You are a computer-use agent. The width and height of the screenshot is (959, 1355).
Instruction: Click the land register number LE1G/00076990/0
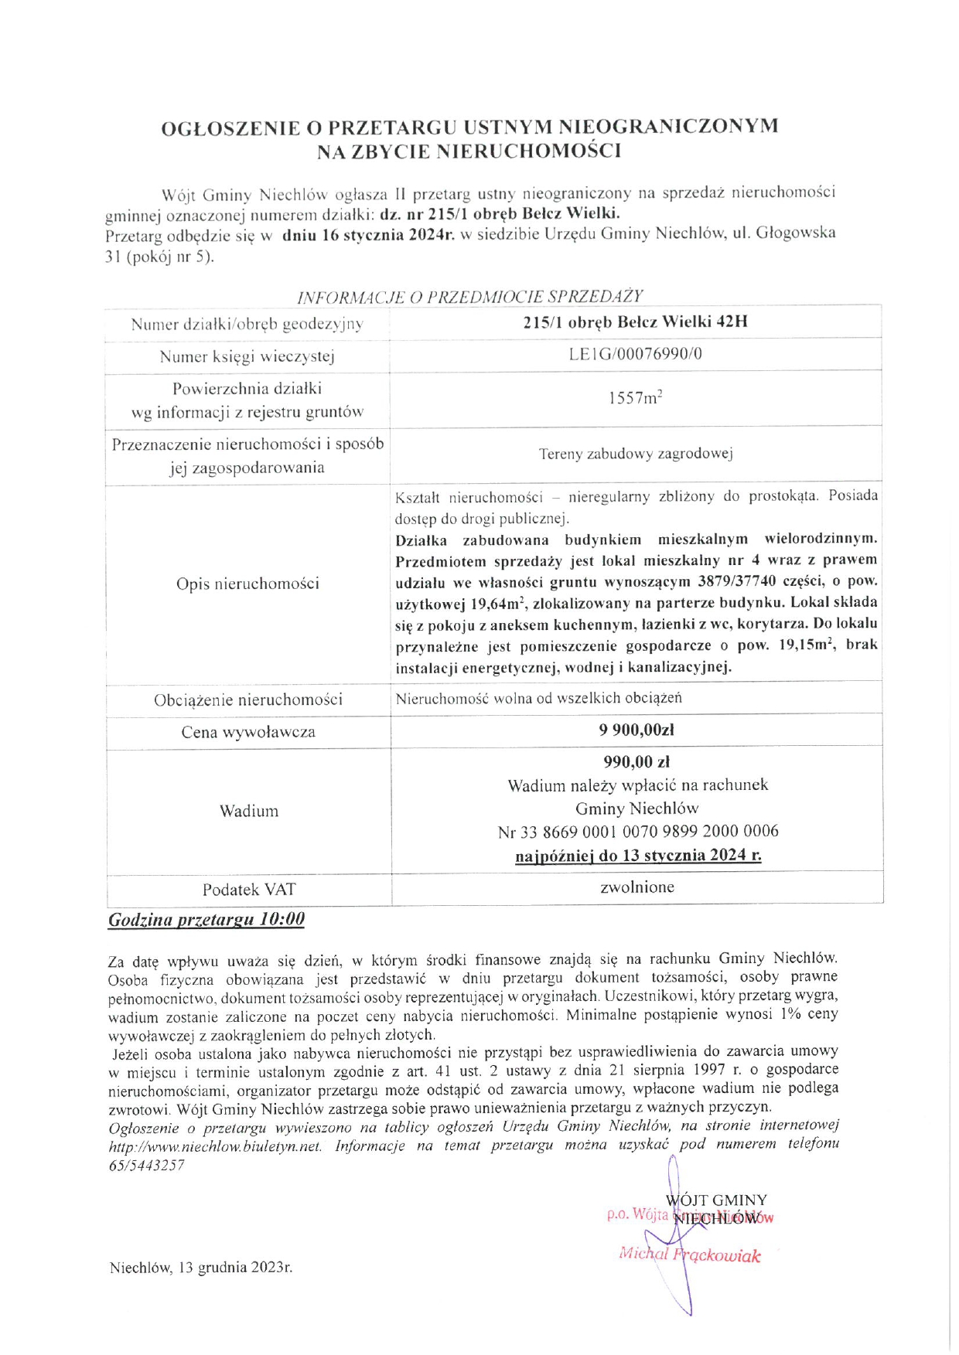click(x=636, y=354)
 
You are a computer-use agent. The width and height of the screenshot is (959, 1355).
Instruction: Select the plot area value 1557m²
click(x=636, y=398)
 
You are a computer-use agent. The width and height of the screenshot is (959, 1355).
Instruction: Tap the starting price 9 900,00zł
click(x=636, y=730)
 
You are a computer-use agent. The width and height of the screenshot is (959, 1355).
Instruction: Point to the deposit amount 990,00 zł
click(x=636, y=762)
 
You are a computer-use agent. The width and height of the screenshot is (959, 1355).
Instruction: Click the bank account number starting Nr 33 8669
click(x=638, y=832)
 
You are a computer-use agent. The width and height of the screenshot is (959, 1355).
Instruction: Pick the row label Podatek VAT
click(x=249, y=890)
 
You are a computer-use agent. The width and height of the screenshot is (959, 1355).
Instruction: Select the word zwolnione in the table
click(x=637, y=887)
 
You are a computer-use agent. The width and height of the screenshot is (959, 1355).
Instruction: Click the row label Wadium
click(x=249, y=811)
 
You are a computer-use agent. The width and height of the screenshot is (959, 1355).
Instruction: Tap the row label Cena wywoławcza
click(x=248, y=732)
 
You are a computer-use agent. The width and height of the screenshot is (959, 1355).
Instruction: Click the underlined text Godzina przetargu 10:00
click(x=206, y=920)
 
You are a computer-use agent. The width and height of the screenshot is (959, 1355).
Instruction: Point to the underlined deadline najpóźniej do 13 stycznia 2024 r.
click(x=638, y=856)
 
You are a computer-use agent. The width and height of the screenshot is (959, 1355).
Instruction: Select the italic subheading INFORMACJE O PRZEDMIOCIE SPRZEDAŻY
click(x=470, y=296)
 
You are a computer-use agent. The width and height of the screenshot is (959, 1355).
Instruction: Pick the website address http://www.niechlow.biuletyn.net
click(x=215, y=1146)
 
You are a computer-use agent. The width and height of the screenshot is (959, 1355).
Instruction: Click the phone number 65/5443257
click(x=146, y=1165)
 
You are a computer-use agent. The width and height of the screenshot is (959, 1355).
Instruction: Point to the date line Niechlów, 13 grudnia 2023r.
click(x=201, y=1268)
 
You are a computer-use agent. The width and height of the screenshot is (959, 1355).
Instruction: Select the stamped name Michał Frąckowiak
click(x=689, y=1255)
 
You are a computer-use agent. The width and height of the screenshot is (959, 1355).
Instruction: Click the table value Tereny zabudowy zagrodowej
click(x=636, y=454)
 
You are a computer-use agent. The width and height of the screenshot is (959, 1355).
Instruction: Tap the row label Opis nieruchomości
click(x=247, y=584)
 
